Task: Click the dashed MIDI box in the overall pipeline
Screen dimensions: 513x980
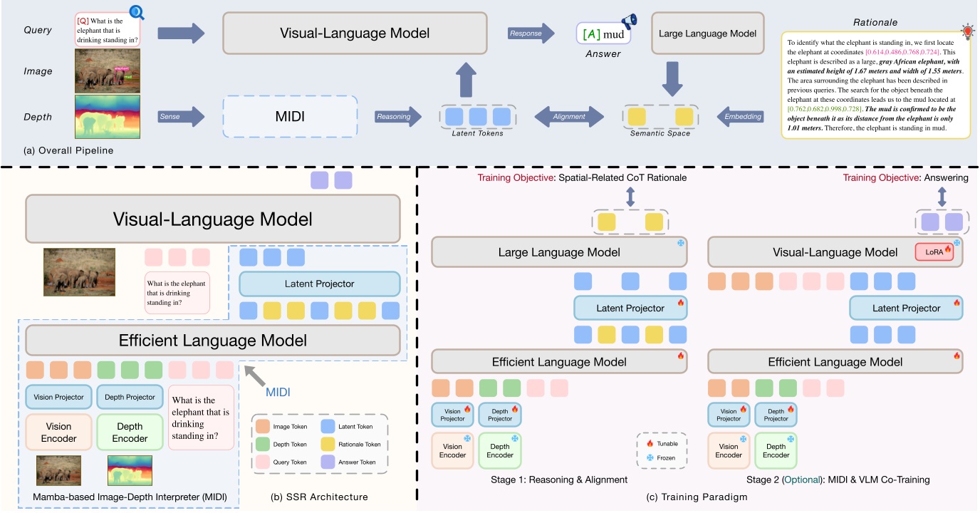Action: coord(290,115)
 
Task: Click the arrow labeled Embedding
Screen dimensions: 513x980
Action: coord(739,116)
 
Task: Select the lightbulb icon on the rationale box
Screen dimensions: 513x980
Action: coord(967,30)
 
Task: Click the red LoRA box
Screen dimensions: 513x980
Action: coord(934,252)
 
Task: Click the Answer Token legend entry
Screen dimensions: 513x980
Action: coord(350,462)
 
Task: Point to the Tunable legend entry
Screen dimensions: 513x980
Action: coord(662,443)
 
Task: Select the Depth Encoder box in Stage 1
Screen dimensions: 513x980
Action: coord(499,450)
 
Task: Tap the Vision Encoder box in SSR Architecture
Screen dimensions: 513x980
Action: coord(58,432)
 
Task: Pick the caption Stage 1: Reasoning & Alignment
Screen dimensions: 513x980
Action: coord(558,480)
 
